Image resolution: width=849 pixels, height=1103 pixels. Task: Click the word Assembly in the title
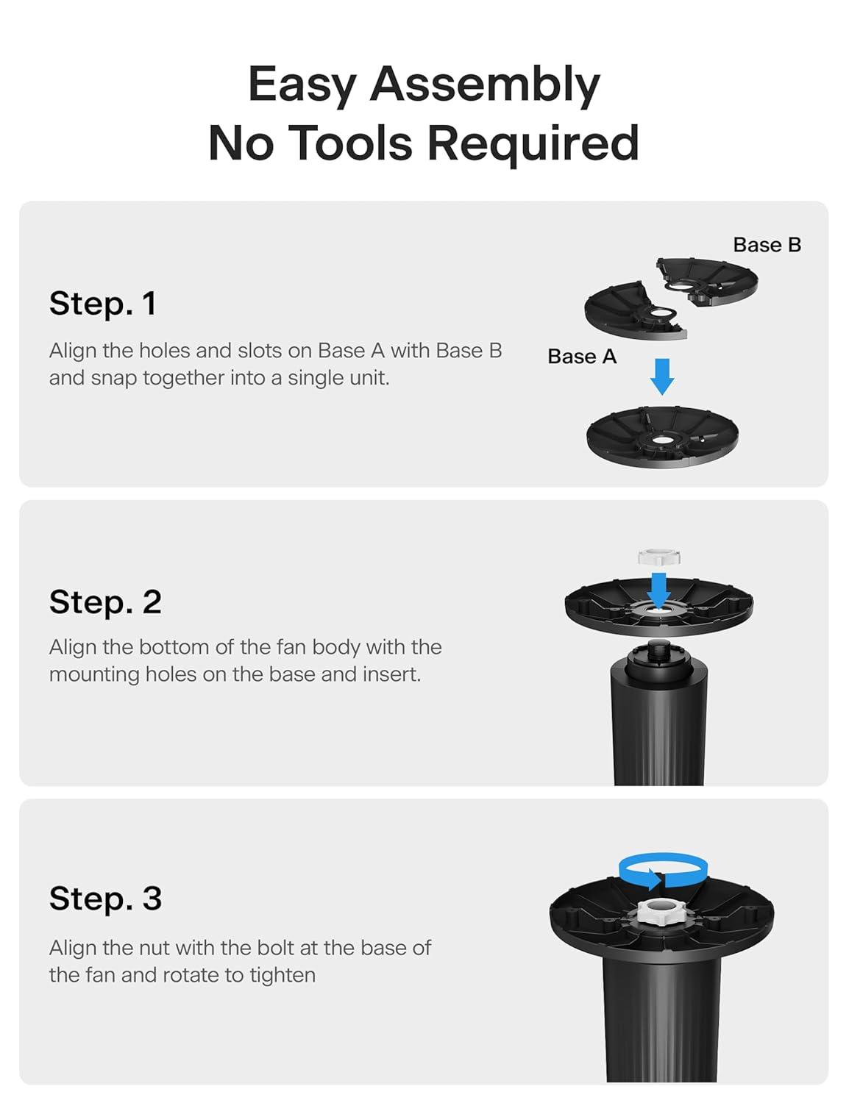(x=485, y=85)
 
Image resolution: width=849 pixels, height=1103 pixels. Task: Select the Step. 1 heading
(x=103, y=304)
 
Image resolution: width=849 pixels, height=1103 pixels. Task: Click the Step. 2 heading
(x=106, y=602)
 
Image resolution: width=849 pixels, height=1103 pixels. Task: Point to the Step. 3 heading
(x=106, y=899)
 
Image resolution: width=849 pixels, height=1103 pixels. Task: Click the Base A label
(x=582, y=357)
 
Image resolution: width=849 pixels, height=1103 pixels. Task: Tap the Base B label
(x=767, y=245)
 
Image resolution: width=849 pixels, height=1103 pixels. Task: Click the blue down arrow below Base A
(x=662, y=376)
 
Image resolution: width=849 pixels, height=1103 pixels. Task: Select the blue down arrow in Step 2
(x=658, y=590)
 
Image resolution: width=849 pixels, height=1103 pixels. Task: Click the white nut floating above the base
(x=659, y=557)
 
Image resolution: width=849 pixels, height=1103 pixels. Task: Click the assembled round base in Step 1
(x=662, y=437)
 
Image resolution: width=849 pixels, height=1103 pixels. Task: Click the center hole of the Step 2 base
(x=658, y=609)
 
